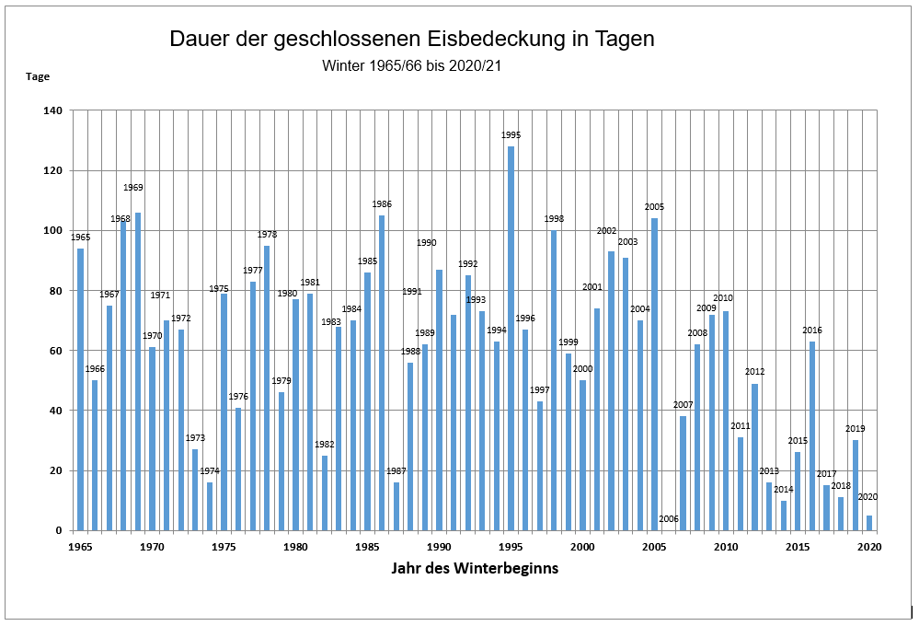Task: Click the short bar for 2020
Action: pyautogui.click(x=869, y=523)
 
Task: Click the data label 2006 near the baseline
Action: pyautogui.click(x=669, y=519)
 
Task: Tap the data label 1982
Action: pyautogui.click(x=324, y=445)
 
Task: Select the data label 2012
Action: pyautogui.click(x=755, y=372)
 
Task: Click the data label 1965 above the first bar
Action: pyautogui.click(x=80, y=238)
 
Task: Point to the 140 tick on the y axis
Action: pyautogui.click(x=52, y=110)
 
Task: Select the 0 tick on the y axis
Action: pyautogui.click(x=59, y=530)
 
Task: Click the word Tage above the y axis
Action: pyautogui.click(x=37, y=76)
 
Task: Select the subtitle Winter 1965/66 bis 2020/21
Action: pyautogui.click(x=411, y=66)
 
